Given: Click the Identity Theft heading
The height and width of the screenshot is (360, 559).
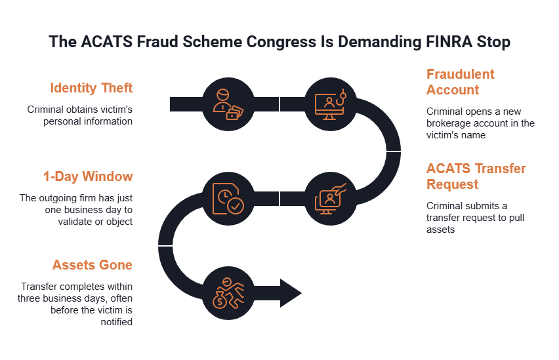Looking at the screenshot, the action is [91, 88].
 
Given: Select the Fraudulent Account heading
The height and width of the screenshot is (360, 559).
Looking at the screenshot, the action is [460, 82].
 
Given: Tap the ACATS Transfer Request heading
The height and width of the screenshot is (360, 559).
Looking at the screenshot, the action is [476, 176].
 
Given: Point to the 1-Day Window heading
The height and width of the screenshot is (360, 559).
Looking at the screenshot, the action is [88, 176].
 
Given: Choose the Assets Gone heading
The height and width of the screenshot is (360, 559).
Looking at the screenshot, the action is [93, 265].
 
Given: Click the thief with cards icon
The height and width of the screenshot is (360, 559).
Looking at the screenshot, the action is [228, 104].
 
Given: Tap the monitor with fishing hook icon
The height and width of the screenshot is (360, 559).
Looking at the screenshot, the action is [331, 104].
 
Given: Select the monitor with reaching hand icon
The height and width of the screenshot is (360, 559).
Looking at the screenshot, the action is [331, 199].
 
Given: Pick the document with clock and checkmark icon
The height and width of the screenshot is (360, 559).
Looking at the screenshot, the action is [228, 199].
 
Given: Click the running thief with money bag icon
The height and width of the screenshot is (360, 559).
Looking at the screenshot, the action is [228, 293].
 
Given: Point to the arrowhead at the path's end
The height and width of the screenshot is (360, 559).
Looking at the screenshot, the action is [291, 293].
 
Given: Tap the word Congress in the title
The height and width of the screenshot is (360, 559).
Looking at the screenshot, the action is [281, 42].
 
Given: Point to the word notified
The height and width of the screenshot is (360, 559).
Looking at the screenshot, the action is [117, 322].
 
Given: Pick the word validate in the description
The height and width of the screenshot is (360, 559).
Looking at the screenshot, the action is [75, 222].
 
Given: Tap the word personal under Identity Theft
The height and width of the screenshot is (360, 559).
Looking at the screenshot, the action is [61, 121].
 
